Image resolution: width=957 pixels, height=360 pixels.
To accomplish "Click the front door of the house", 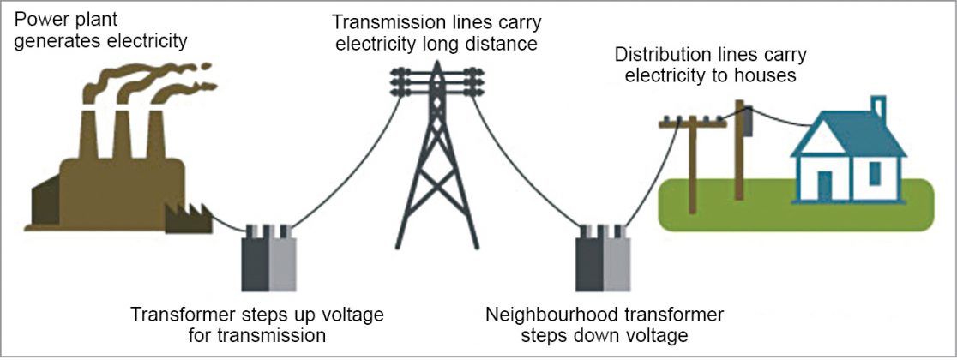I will [825, 186].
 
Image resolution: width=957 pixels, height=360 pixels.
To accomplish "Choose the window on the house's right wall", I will [875, 173].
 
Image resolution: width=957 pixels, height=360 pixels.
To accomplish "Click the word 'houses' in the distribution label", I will [768, 75].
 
